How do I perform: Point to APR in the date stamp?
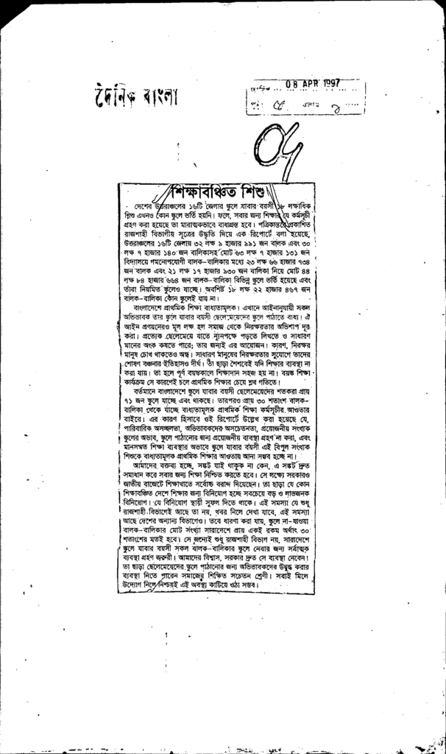(308, 83)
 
